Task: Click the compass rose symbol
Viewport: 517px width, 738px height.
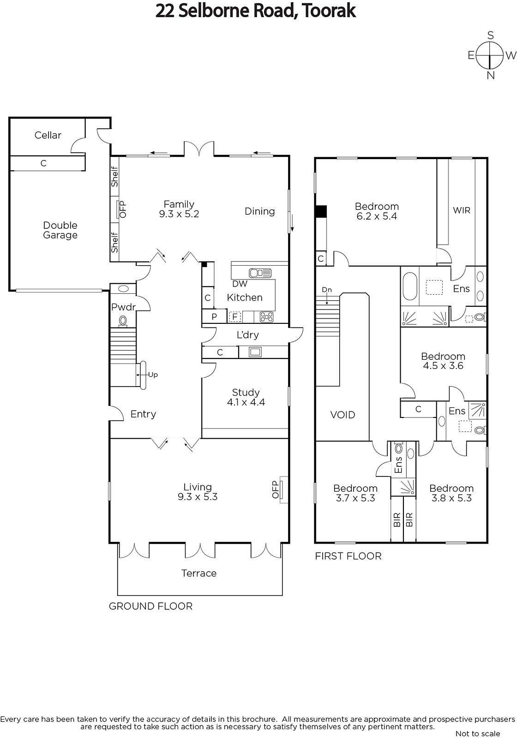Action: tap(490, 55)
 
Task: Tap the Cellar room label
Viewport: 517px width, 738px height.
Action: tap(48, 135)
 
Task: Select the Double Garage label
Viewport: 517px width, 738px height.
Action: tap(60, 230)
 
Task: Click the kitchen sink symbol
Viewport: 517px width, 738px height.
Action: tap(260, 273)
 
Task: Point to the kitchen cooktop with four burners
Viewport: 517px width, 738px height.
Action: tap(266, 317)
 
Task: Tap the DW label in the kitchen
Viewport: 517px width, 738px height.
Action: tap(240, 284)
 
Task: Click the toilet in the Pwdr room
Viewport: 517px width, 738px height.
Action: tap(123, 320)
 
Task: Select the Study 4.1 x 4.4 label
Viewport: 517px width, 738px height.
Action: tap(246, 397)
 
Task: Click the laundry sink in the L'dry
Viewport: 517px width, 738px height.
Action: tap(255, 352)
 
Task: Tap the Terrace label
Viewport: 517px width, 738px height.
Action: tap(199, 573)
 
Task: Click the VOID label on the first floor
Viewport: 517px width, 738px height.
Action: tap(343, 415)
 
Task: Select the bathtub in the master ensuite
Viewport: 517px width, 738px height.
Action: tap(410, 286)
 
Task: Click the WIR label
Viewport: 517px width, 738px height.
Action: tap(462, 210)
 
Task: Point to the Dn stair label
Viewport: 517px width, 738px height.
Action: tap(327, 290)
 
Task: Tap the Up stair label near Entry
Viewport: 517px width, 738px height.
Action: tap(153, 375)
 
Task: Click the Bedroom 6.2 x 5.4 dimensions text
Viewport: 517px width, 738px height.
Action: tap(377, 216)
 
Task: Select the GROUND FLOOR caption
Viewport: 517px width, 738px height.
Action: tap(150, 606)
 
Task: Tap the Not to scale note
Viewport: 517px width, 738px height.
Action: tap(478, 733)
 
